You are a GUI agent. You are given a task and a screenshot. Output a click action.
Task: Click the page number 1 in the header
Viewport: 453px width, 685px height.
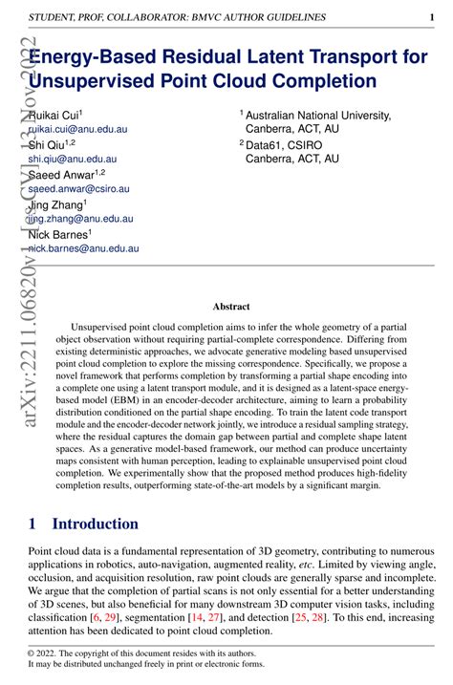(x=432, y=17)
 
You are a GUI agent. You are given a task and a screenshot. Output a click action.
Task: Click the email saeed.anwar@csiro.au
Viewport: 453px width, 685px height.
(x=78, y=189)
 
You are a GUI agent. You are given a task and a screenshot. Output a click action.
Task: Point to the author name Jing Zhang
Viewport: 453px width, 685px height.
(x=55, y=204)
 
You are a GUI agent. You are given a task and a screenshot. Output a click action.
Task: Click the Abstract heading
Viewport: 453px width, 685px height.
(x=230, y=307)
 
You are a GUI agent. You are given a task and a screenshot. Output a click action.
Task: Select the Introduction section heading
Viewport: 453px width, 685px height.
(x=95, y=524)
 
